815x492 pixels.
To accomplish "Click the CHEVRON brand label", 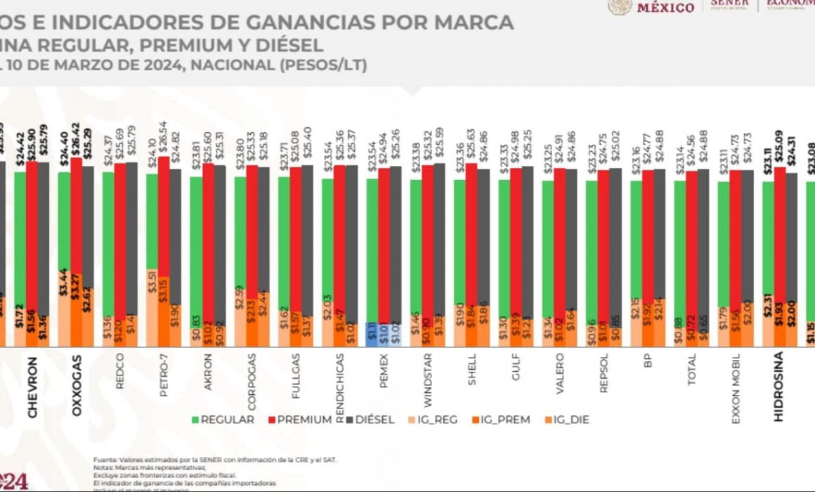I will coord(32,387).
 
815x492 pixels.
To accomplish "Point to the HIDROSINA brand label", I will coord(778,387).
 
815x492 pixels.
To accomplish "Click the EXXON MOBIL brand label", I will coord(735,389).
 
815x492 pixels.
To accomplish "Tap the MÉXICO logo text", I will coord(665,7).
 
